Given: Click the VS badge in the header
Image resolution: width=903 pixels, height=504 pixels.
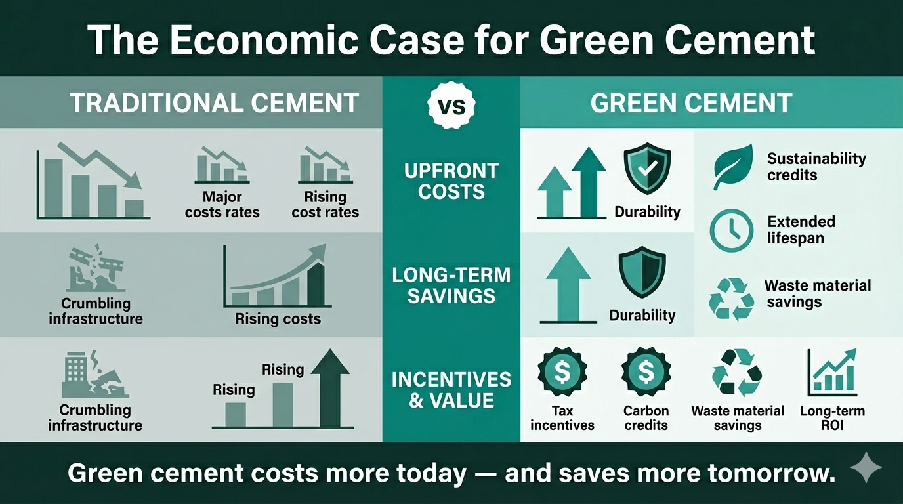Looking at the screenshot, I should (x=451, y=105).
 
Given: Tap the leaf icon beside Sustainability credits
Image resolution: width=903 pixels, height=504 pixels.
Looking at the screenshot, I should (x=732, y=167).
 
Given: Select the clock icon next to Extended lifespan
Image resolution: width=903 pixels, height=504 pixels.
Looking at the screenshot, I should (x=732, y=230).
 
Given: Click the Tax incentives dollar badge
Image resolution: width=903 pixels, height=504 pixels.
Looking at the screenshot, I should (x=562, y=372).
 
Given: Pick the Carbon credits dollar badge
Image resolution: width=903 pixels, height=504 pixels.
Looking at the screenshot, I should (x=646, y=372).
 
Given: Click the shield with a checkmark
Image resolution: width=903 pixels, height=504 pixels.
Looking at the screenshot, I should (x=647, y=170).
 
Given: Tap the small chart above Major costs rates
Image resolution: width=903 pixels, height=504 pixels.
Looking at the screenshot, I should (x=222, y=165).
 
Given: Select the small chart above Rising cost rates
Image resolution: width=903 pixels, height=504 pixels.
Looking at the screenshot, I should (x=325, y=165).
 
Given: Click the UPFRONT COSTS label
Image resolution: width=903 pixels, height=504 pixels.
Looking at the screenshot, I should (x=451, y=181).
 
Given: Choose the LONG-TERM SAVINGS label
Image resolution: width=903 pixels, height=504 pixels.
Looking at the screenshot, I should (x=451, y=285).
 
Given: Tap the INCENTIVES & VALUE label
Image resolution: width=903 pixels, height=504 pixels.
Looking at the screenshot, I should (x=451, y=389).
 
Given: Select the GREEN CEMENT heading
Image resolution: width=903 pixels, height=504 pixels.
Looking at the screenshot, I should (x=692, y=103).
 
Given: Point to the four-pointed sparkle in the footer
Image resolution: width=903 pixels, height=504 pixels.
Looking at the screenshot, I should (x=866, y=470).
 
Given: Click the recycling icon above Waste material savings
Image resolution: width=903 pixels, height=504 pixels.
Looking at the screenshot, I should (x=737, y=371).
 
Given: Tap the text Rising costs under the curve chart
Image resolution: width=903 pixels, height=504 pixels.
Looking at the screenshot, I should (x=278, y=320).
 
